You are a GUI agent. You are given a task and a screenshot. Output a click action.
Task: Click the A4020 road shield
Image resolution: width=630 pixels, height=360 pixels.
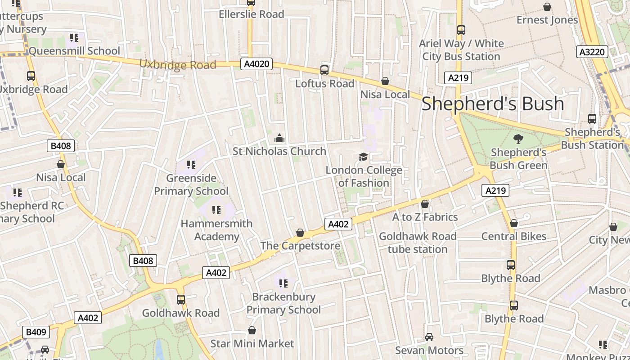click(257, 64)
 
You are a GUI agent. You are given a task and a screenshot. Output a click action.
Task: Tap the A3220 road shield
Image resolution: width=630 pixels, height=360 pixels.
click(592, 52)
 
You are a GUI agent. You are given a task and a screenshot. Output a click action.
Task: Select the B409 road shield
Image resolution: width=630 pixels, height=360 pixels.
click(36, 332)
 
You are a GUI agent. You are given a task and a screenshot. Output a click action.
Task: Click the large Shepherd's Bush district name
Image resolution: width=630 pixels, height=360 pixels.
click(493, 103)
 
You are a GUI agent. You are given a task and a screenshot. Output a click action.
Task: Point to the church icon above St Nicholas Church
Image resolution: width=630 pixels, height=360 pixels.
click(279, 138)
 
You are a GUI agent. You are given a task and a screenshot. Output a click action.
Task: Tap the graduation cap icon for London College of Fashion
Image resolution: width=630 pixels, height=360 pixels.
click(363, 157)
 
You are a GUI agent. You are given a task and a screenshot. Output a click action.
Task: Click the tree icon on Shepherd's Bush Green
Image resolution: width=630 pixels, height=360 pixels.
click(518, 139)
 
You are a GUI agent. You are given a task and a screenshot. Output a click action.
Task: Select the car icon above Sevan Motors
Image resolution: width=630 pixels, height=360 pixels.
click(429, 337)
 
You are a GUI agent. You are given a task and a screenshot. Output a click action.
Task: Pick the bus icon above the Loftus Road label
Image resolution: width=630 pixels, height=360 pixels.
click(324, 70)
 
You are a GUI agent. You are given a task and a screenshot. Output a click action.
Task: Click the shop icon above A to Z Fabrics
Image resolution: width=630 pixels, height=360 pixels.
click(425, 204)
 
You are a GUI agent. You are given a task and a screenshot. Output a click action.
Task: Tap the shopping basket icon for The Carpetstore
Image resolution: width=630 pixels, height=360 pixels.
click(300, 233)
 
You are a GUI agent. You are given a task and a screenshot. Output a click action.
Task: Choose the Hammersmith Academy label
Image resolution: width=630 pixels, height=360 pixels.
click(216, 230)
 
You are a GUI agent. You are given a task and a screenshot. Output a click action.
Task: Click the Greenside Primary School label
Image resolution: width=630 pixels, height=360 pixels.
click(191, 184)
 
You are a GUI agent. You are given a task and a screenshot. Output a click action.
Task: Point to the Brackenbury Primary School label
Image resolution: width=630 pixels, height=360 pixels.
click(283, 303)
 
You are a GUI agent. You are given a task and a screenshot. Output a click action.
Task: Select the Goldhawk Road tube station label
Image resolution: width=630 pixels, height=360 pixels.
click(418, 243)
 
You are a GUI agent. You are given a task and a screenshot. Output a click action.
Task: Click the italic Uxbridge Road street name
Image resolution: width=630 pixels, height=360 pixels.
click(178, 65)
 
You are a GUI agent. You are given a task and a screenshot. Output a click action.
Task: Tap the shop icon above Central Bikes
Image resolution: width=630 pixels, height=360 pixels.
click(514, 223)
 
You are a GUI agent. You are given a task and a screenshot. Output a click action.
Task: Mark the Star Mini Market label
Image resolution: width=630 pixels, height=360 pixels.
click(252, 344)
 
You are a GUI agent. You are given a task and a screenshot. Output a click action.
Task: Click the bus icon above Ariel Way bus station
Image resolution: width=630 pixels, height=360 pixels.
click(461, 30)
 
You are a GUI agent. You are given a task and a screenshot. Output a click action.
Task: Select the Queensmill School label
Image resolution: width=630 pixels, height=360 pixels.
click(74, 51)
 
